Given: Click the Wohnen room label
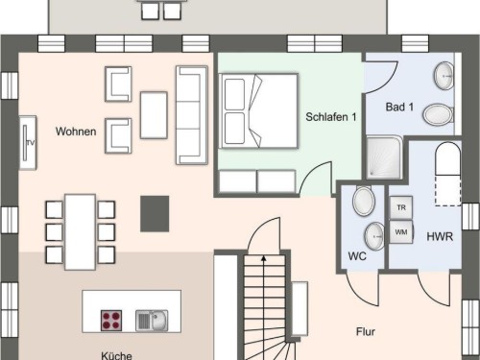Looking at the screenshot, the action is coord(76,132).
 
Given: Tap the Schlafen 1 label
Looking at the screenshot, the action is coord(331,117).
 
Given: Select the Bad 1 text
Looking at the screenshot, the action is coord(399,107).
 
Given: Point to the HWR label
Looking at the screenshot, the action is coord(440,236).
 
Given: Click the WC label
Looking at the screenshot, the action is coord(357,256).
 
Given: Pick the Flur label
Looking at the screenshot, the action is coord(366,331).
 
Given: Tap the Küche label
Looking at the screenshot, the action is coord(116,355).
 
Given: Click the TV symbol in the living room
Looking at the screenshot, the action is coord(28,143).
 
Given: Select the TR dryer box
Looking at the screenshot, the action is coord(401,207).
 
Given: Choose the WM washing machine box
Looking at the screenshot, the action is coord(401,232).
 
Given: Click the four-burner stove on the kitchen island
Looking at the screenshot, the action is coord(111,321).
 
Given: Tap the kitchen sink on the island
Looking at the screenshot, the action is coord(152,321).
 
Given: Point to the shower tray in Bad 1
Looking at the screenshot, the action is coord(384,157).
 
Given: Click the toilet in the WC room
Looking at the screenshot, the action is coord(364,201).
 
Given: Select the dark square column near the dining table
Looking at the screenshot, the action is coord(155,214).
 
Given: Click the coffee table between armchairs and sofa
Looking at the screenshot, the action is coord(154,115).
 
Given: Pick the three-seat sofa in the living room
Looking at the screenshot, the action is coord(192,115).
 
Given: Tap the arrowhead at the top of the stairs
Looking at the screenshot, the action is coord(264,258).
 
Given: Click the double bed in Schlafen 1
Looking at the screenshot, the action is coord(258,111).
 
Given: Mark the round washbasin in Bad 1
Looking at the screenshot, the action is coord(444,76).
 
